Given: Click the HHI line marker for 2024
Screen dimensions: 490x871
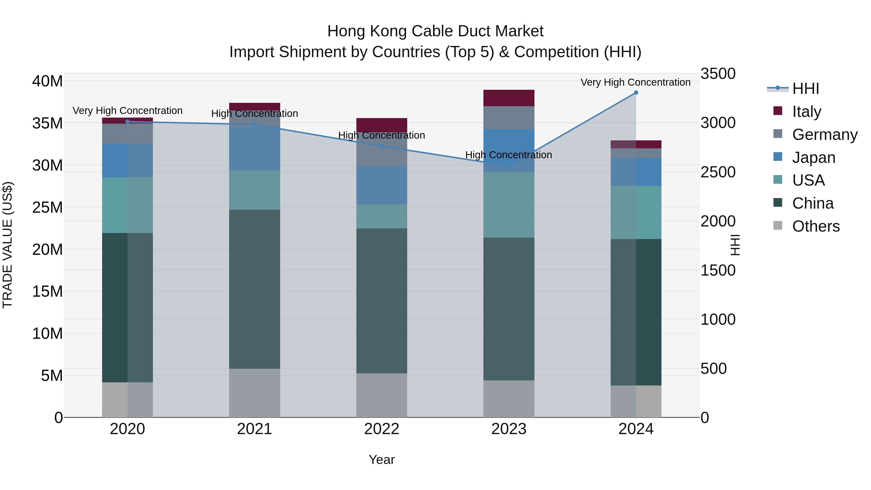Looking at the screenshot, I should pyautogui.click(x=636, y=93).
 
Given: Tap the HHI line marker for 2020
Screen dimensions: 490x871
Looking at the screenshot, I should pyautogui.click(x=128, y=122).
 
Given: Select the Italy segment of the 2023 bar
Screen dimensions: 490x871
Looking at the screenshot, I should pyautogui.click(x=509, y=98).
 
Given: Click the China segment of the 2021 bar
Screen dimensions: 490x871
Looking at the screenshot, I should pyautogui.click(x=254, y=289).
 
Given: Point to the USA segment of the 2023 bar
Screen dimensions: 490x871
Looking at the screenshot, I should pyautogui.click(x=509, y=205).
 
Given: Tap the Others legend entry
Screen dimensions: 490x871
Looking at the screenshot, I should pyautogui.click(x=816, y=226).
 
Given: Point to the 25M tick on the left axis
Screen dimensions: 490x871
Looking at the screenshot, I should pyautogui.click(x=47, y=207).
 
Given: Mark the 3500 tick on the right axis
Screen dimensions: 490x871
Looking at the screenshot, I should pyautogui.click(x=718, y=74).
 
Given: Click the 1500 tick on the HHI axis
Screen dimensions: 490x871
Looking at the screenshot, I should pyautogui.click(x=718, y=271).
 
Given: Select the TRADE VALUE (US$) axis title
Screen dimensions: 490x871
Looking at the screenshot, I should pyautogui.click(x=8, y=245).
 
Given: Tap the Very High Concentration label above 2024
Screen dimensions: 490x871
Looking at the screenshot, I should pyautogui.click(x=635, y=82).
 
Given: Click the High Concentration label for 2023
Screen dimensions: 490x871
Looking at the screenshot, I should pyautogui.click(x=509, y=155).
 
